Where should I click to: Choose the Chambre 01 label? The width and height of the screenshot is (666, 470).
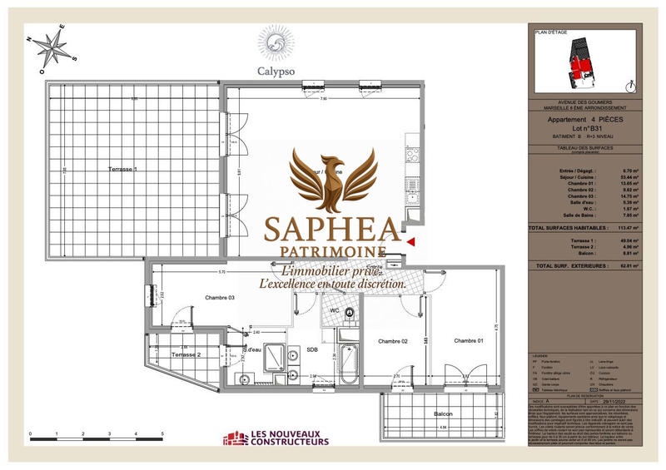[x=468, y=341]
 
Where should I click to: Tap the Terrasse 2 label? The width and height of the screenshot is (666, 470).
[x=186, y=354]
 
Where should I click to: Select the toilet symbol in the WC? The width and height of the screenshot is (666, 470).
[x=350, y=314]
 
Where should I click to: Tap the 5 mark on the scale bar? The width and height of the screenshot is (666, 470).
[x=162, y=435]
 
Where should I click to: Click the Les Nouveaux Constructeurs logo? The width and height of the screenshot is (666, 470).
[x=281, y=438]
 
